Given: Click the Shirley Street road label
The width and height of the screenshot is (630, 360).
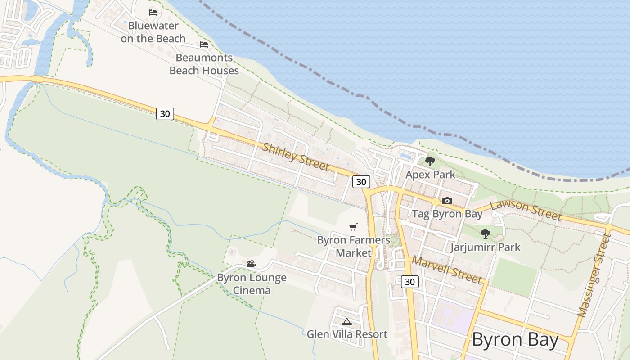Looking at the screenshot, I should coord(296,157).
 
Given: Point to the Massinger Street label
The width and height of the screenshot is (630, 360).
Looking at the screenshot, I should coord(595,275).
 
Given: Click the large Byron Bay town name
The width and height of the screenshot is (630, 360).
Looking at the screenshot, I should coord(515,340).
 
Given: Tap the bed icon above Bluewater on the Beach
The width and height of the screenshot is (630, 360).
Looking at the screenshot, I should coord(153,12).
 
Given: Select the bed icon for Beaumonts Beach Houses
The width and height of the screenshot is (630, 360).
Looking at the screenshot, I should coord(204,44).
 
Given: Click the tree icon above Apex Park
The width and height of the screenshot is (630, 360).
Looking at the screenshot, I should coord(430,161).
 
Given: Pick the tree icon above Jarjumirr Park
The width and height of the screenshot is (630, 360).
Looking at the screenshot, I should coord(485,234).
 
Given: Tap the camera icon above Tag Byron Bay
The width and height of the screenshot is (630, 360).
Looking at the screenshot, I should coord(447,201).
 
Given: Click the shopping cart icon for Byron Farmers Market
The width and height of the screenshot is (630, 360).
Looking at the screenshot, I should coord(353,227).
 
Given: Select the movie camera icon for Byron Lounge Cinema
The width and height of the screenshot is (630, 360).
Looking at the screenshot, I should coord(251,264).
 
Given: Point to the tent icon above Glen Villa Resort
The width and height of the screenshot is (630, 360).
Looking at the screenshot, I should coord(346,321).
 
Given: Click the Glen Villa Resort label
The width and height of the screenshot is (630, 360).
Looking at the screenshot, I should coord(347,334).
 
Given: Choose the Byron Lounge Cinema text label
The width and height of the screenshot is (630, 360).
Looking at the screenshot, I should coord(252,284).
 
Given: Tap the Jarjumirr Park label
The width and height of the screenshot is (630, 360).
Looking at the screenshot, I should coord(485,247).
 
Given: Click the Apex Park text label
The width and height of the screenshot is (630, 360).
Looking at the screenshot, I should coord(431,175).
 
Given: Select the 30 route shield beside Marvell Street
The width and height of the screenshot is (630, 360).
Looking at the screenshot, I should coord(409,282).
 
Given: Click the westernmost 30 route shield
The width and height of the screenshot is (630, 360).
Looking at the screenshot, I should coord(165,114).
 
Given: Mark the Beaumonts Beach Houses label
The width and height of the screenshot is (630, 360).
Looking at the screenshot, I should coord(204,64).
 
